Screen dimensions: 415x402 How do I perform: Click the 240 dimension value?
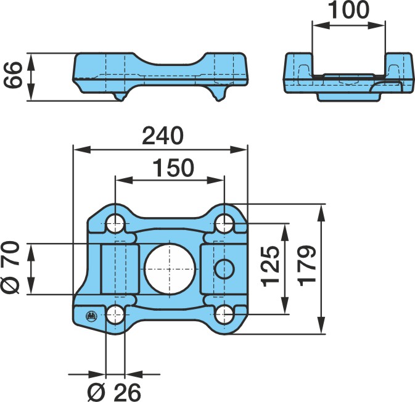[162, 136]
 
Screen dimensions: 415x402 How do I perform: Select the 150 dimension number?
[174, 168]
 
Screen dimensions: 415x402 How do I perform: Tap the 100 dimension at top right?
[348, 9]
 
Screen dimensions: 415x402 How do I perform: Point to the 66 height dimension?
[12, 75]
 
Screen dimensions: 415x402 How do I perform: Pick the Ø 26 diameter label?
[114, 392]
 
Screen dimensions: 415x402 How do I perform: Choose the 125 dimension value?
[271, 266]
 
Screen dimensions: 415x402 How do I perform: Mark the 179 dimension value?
[307, 266]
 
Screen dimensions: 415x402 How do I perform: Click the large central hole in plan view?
[170, 269]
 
